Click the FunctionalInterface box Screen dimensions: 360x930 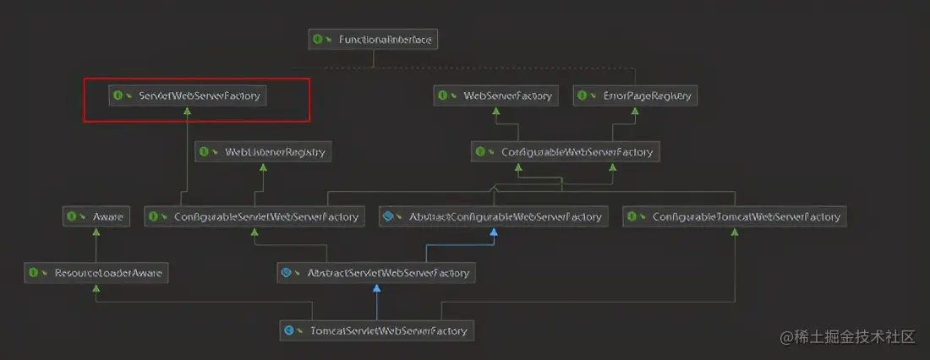[374, 40]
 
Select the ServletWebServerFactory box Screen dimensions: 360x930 [188, 95]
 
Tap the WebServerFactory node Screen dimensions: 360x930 [495, 95]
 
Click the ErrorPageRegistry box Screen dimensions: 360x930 [635, 95]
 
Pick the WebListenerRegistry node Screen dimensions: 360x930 [263, 152]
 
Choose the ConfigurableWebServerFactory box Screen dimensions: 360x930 [565, 152]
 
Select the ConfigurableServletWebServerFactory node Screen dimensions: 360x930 [254, 216]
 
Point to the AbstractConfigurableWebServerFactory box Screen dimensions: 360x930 [493, 216]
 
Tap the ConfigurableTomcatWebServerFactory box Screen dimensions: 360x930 [735, 216]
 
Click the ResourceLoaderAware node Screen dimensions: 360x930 [96, 273]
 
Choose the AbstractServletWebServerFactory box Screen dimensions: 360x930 [376, 273]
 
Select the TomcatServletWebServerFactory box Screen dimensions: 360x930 [376, 330]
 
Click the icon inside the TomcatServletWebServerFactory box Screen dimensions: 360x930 [289, 330]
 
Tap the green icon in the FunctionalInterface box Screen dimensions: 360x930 [318, 40]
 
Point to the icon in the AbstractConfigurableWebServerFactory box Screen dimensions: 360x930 [388, 217]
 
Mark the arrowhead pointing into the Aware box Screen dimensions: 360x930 [97, 232]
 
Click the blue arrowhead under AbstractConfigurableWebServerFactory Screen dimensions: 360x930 [493, 232]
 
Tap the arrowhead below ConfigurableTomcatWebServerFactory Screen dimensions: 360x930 [735, 232]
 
